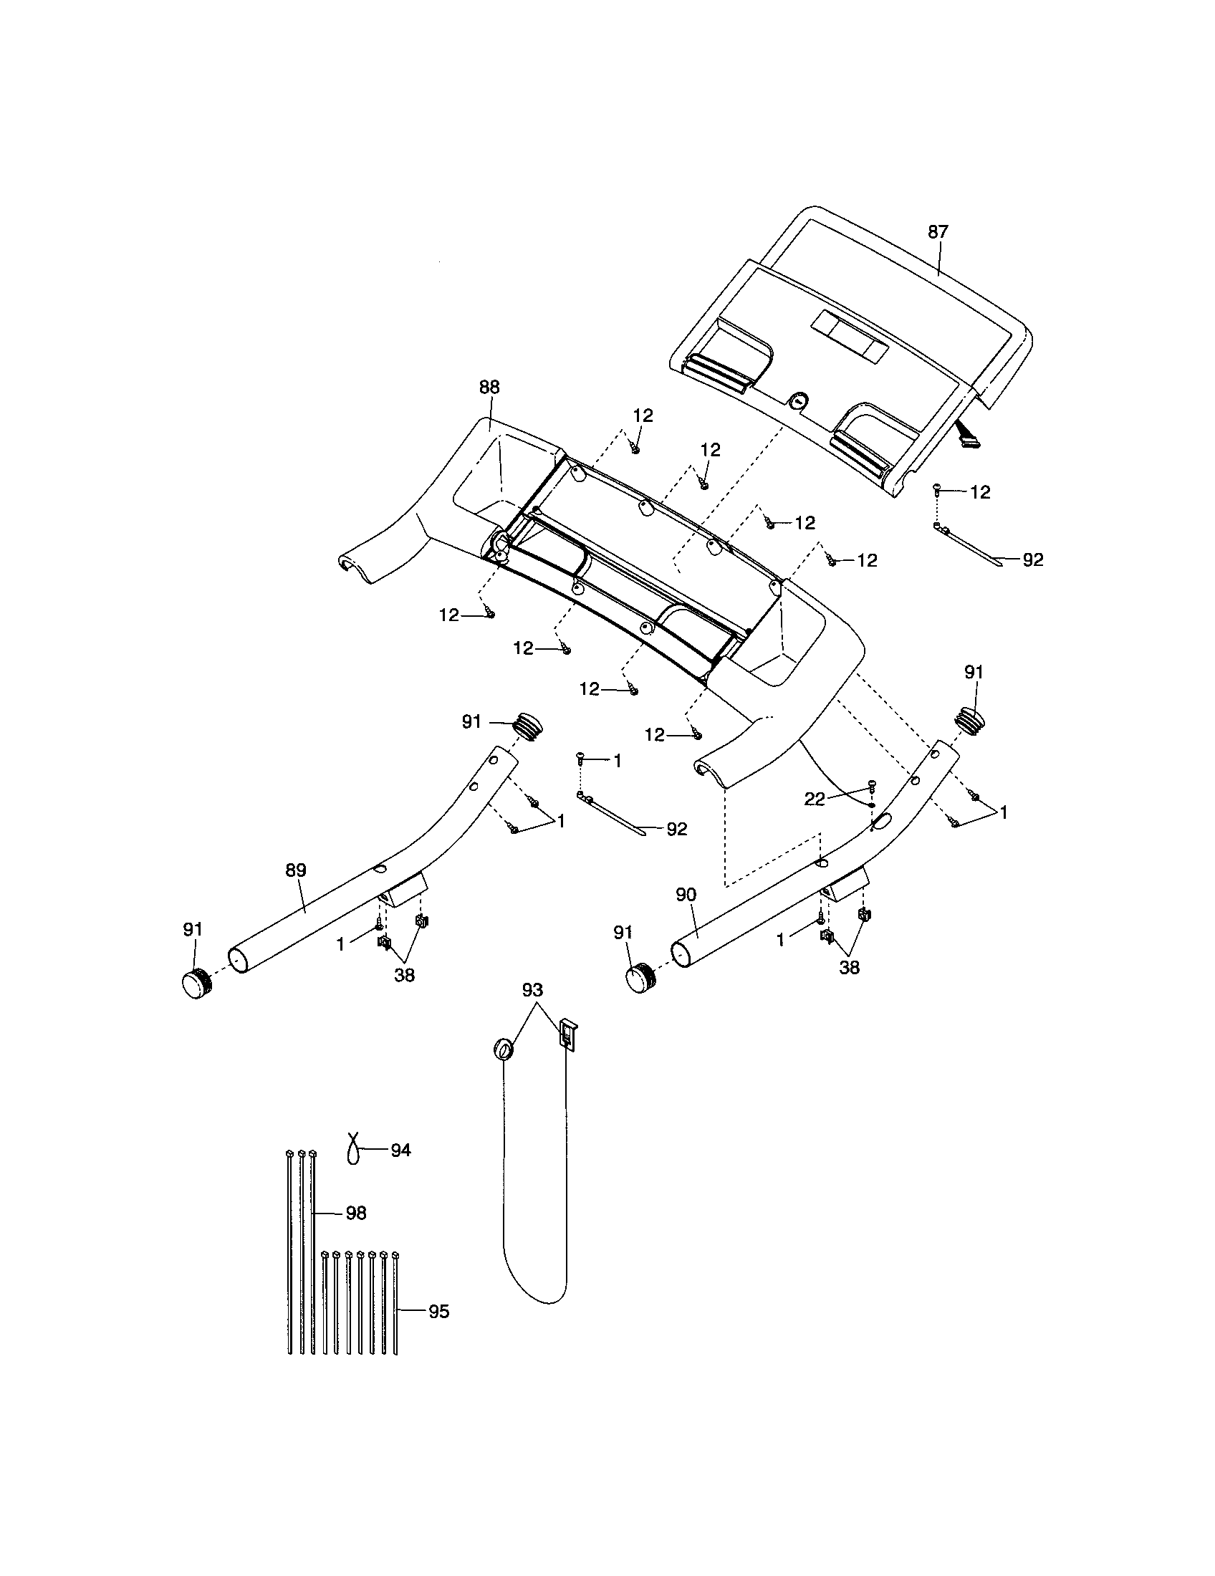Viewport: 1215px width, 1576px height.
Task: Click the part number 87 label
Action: click(x=937, y=232)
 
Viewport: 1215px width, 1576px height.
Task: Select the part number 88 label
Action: click(x=489, y=388)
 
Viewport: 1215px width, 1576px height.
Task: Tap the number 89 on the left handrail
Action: click(x=296, y=870)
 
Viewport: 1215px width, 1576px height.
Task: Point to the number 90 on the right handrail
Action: click(x=686, y=895)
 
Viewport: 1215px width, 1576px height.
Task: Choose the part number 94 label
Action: click(x=400, y=1150)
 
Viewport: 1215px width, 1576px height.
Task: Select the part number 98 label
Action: click(x=356, y=1214)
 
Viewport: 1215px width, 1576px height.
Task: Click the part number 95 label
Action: click(x=438, y=1312)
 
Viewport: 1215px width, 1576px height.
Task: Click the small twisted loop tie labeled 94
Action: click(x=352, y=1148)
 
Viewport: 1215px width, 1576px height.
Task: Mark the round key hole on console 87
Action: click(x=798, y=400)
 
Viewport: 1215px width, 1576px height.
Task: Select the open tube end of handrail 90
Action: click(x=681, y=953)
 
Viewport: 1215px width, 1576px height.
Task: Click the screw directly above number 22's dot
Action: click(x=872, y=784)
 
